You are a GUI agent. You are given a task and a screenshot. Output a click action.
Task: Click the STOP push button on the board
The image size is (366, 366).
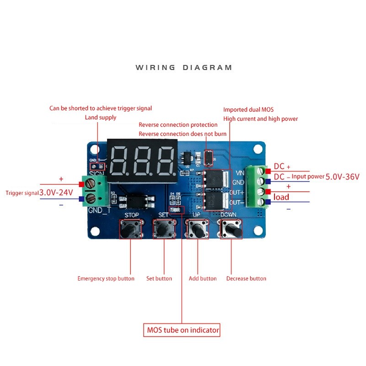click(x=131, y=228)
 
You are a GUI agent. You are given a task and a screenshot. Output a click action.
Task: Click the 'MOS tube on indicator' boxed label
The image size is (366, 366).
click(x=182, y=330)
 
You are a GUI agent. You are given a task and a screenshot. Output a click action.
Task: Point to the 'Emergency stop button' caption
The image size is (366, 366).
click(x=106, y=279)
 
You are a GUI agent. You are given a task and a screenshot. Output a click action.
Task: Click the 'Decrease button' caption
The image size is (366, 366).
click(x=246, y=279)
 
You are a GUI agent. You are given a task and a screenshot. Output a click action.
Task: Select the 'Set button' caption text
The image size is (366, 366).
click(x=159, y=279)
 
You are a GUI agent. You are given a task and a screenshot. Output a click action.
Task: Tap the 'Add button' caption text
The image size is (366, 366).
click(x=203, y=279)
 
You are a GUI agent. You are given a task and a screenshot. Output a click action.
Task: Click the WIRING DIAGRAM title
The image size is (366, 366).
click(x=184, y=68)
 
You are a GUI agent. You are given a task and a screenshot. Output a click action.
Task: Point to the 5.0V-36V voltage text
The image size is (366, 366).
click(x=343, y=177)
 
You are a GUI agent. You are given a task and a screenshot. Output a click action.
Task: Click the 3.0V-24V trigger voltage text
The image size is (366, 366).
click(x=56, y=193)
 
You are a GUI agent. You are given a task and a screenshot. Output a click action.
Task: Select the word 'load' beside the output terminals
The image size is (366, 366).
click(x=281, y=197)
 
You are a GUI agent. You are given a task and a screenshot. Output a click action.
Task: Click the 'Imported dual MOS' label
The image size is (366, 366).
click(x=248, y=110)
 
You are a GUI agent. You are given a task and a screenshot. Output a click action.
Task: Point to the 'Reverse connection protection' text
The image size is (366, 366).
click(x=178, y=125)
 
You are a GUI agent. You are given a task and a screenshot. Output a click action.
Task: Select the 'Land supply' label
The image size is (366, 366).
click(x=101, y=118)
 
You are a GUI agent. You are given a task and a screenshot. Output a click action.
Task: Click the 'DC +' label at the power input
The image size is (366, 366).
click(x=282, y=167)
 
